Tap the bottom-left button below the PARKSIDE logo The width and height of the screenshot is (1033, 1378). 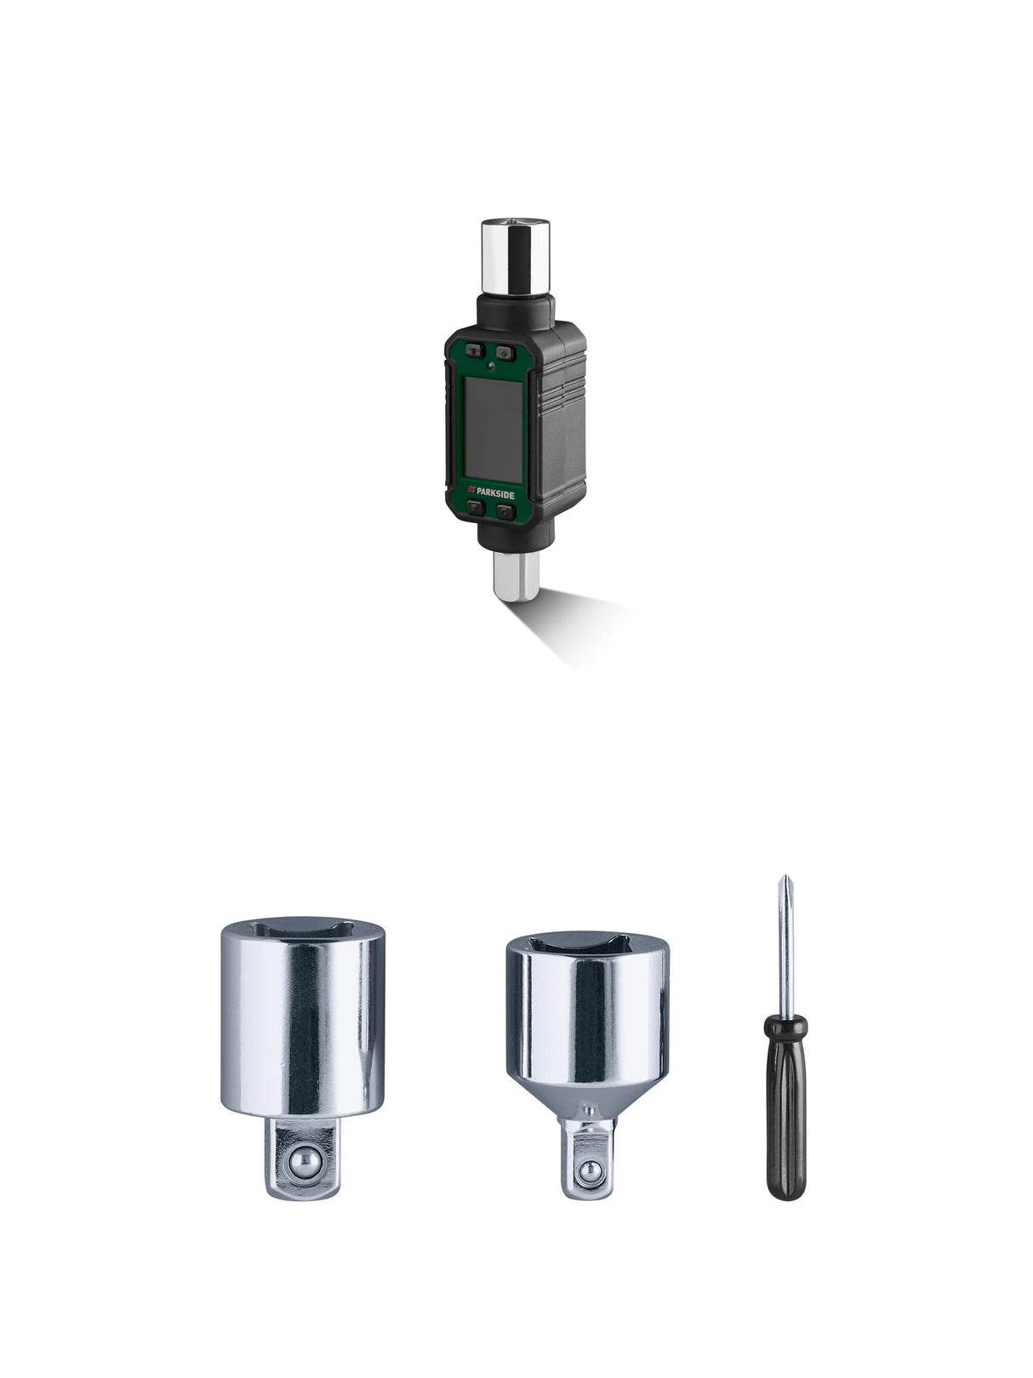pos(477,509)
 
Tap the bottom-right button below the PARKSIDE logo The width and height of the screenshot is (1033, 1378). pos(505,511)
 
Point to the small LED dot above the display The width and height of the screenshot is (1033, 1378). pos(492,367)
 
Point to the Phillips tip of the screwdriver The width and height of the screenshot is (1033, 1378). pos(779,889)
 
